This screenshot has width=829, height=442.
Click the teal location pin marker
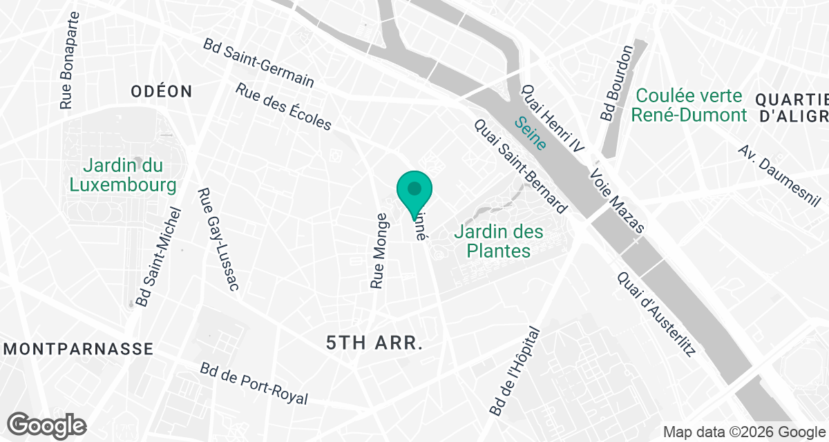pos(414,191)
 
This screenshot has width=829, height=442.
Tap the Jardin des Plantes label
pos(499,241)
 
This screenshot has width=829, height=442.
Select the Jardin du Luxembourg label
pos(122,175)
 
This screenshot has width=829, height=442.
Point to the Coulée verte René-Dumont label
pos(689,105)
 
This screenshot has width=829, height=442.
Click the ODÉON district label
pos(162,91)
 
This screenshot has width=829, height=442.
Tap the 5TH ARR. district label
pos(374,343)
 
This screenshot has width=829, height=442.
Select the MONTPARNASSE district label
pos(77,349)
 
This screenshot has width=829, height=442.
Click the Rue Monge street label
pos(379,250)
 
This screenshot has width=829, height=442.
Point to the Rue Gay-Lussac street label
pos(218,240)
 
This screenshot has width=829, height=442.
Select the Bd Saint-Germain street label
pos(258,63)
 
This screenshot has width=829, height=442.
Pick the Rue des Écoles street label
pos(284,107)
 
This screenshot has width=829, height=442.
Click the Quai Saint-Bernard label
pos(520,166)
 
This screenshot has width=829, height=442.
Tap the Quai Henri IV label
pos(553,119)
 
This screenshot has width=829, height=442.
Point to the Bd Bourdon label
pos(617,83)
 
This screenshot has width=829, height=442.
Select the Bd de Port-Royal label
pos(253,384)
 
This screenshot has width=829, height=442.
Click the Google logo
pos(47,425)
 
